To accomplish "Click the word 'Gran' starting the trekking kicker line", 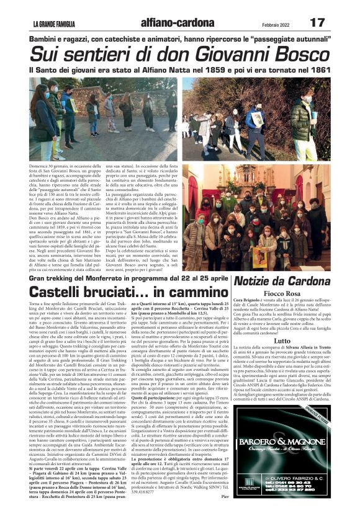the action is tap(36, 279).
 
